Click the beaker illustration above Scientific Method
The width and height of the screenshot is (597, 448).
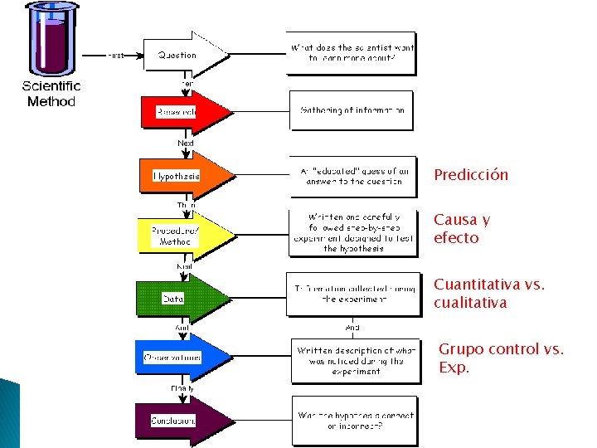coord(51,39)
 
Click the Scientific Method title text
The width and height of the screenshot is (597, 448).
coord(51,94)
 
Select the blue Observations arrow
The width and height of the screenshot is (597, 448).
coord(181,358)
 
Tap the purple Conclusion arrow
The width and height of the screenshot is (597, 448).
coord(181,420)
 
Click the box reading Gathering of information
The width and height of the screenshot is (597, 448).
coord(352,110)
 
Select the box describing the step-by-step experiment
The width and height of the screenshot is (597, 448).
coord(353,231)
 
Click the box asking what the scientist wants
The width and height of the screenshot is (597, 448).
coord(352,53)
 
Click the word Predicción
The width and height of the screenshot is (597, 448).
coord(470,175)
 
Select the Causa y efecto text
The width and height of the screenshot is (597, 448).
coord(461,229)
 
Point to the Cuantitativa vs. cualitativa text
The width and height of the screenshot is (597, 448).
coord(488,294)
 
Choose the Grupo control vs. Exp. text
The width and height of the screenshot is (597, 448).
coord(500,358)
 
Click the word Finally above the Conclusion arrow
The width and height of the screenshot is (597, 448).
coord(182,388)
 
